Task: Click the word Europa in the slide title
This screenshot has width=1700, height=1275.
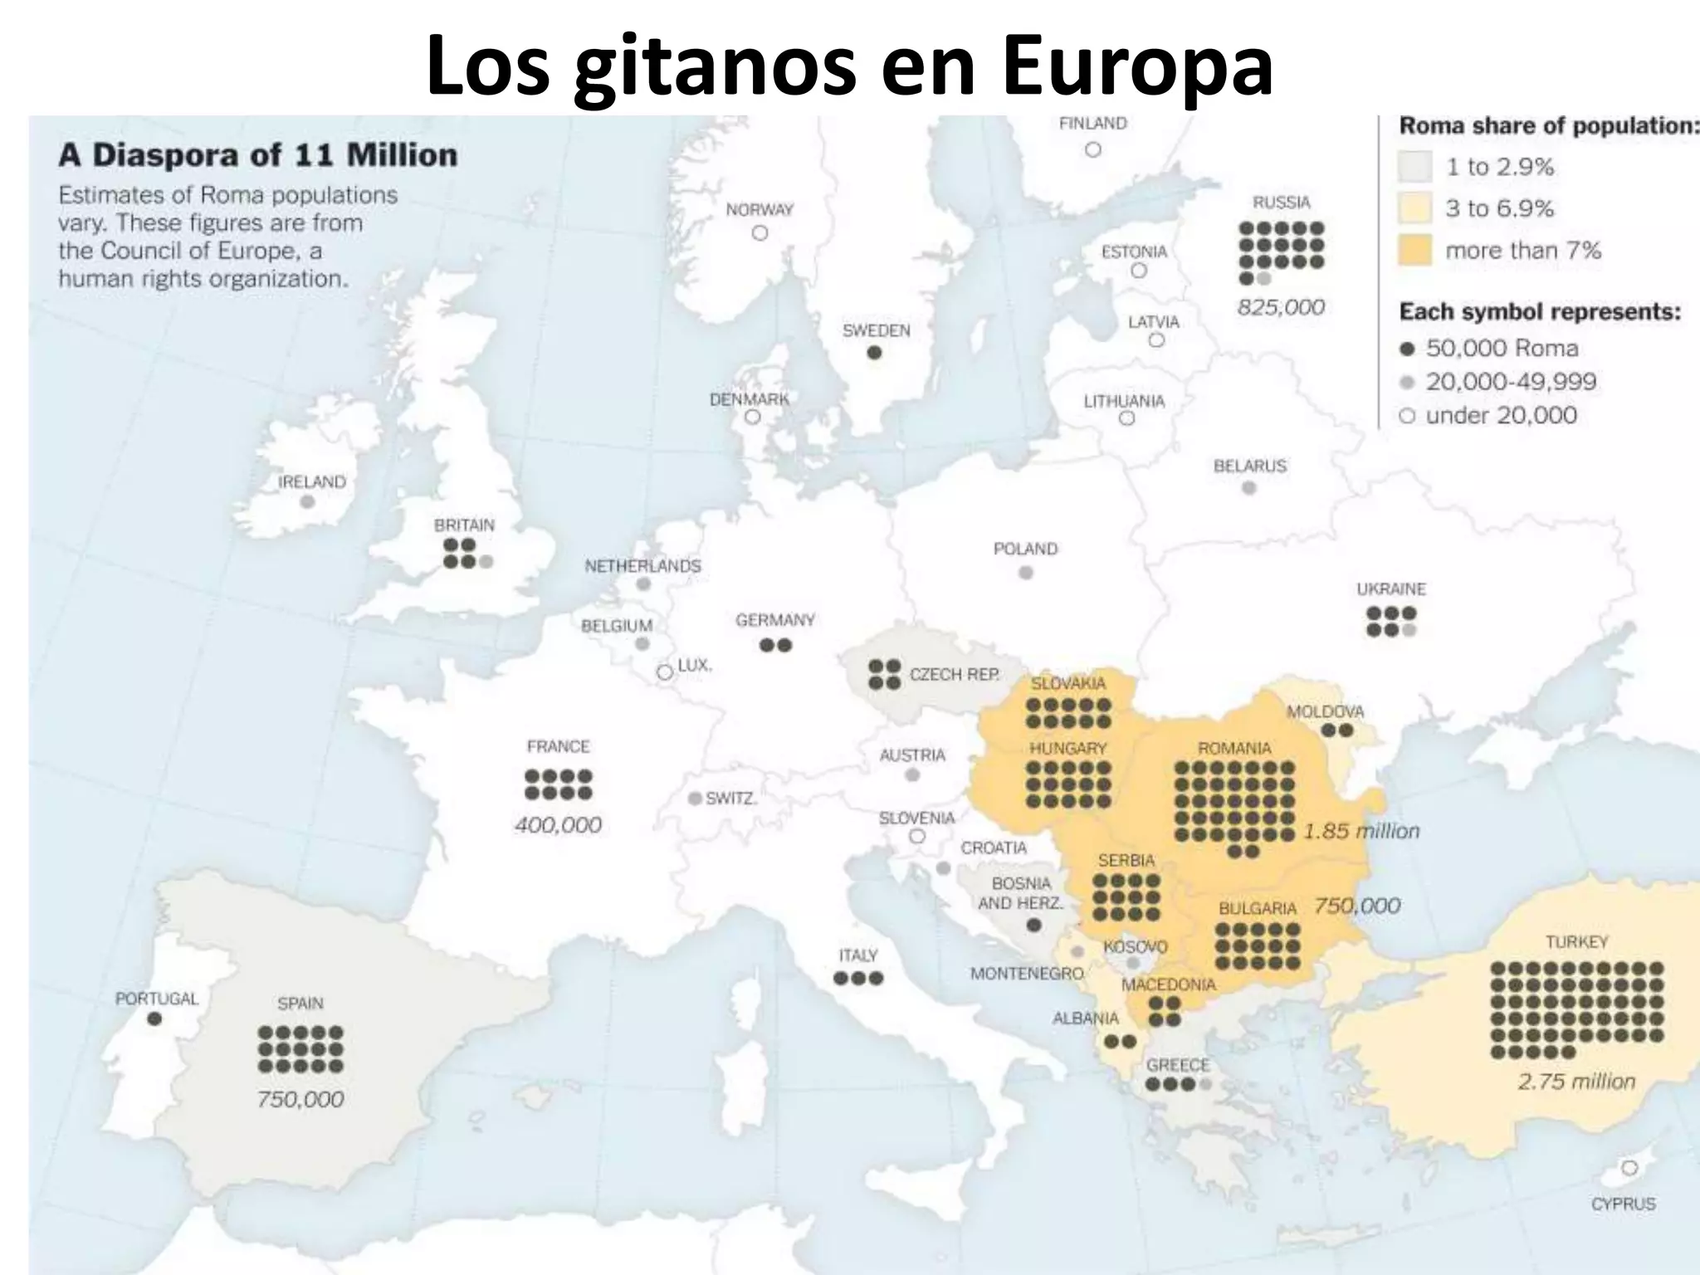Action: tap(1136, 66)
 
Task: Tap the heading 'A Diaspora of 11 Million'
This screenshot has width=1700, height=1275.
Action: tap(257, 155)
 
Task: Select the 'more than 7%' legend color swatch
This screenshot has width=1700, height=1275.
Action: tap(1414, 250)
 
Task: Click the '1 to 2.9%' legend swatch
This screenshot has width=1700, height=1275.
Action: tap(1414, 167)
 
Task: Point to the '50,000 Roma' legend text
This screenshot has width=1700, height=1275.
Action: tap(1502, 348)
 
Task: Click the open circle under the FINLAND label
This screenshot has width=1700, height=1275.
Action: tap(1093, 149)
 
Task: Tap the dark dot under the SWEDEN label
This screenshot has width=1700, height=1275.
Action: tap(874, 353)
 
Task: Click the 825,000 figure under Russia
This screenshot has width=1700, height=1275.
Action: tap(1281, 307)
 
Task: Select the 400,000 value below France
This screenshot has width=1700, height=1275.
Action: tap(558, 824)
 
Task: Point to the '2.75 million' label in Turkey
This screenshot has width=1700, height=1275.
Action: tap(1576, 1081)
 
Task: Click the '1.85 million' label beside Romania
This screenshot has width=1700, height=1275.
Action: tap(1361, 830)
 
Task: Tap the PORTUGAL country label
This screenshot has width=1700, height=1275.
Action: tap(157, 999)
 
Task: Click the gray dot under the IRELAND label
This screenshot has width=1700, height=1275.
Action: tap(307, 502)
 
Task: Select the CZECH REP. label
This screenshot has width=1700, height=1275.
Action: tap(955, 674)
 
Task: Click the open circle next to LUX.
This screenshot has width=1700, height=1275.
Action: tap(665, 672)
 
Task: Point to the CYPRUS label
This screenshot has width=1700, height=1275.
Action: tap(1623, 1204)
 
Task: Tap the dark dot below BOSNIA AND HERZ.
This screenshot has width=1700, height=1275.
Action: tap(1033, 924)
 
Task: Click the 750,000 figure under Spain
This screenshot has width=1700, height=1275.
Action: tap(300, 1099)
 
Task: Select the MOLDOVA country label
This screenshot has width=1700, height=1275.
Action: tap(1325, 711)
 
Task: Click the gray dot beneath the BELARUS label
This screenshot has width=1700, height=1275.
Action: tap(1249, 488)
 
